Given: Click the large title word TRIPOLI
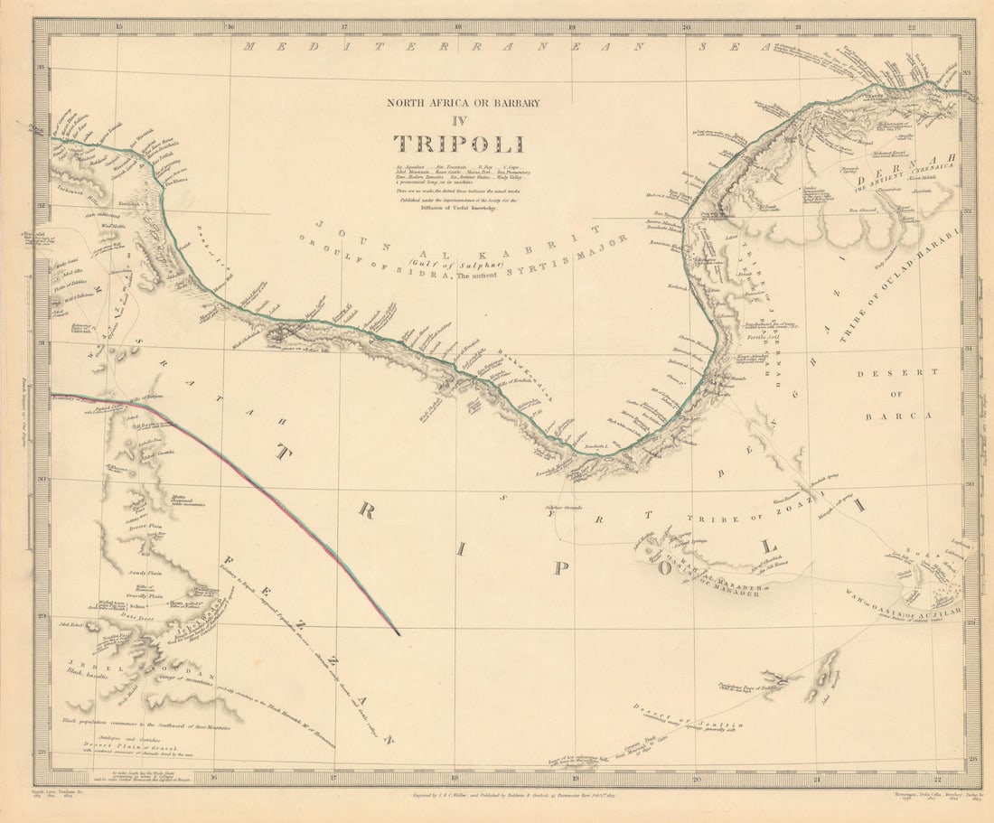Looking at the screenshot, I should coord(458,144).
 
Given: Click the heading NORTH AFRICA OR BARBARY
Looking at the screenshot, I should coord(464,103).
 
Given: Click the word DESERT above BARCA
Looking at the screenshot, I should coord(886,373).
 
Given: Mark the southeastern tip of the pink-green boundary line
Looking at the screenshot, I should coord(399,633).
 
